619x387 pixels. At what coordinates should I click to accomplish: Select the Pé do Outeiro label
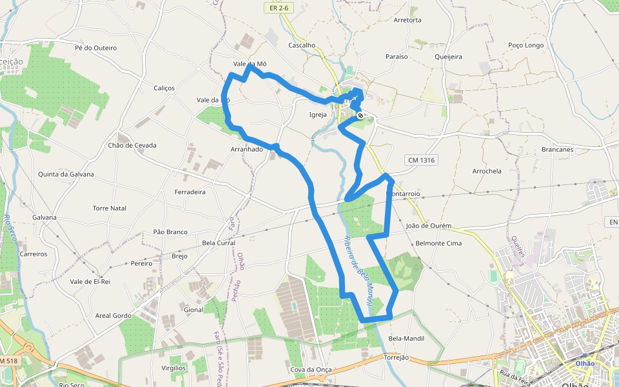[x=95, y=48]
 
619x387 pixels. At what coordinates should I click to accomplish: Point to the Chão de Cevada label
[x=133, y=145]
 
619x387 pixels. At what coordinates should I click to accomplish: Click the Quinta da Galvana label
[x=66, y=174]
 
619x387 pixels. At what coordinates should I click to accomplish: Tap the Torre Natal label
[x=110, y=208]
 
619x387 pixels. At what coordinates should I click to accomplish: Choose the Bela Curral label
[x=219, y=243]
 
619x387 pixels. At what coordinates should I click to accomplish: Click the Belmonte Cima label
[x=439, y=243]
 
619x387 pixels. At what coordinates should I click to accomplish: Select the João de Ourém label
[x=429, y=226]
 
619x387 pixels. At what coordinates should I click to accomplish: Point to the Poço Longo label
[x=526, y=45]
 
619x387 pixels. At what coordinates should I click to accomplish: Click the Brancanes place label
[x=558, y=150]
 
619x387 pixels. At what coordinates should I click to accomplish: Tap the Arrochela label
[x=487, y=171]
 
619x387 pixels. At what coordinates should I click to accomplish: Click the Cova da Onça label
[x=311, y=370]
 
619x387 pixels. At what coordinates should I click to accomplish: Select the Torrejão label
[x=397, y=357]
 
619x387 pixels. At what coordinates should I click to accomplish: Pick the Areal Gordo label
[x=113, y=316]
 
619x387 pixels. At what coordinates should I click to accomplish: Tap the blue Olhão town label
[x=585, y=363]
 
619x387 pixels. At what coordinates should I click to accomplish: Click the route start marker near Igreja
[x=360, y=116]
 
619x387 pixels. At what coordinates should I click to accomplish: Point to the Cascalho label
[x=302, y=45]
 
